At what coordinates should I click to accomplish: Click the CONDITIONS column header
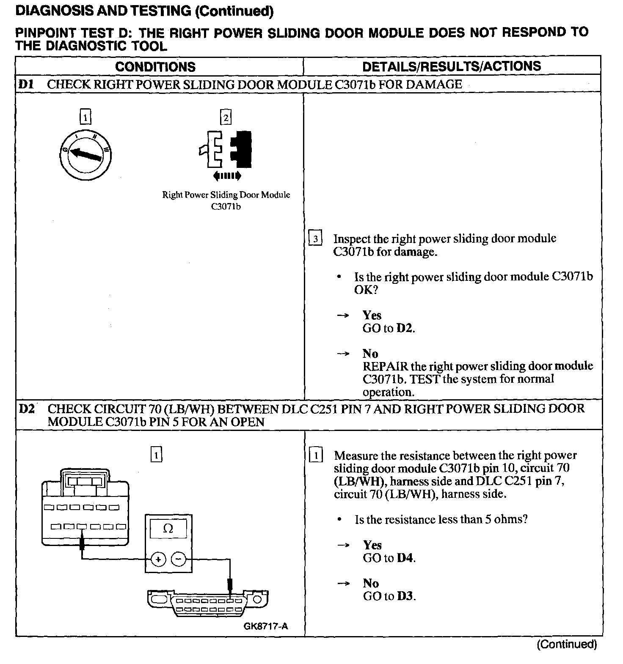click(155, 67)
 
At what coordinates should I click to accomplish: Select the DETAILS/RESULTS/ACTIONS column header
click(452, 66)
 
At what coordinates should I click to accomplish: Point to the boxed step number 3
click(315, 239)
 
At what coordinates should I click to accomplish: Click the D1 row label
click(26, 84)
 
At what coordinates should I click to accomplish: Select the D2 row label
click(26, 409)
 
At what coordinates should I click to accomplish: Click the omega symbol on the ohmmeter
click(168, 528)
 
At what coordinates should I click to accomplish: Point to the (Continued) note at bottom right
click(567, 644)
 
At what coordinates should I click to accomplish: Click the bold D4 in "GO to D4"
click(405, 558)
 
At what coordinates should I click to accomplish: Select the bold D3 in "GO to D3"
click(405, 596)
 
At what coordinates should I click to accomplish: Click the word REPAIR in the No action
click(385, 366)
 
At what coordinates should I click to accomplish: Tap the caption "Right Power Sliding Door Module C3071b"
click(226, 200)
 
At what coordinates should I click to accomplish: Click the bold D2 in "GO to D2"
click(405, 329)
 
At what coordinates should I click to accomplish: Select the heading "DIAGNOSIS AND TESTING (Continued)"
click(144, 11)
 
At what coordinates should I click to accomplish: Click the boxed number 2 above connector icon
click(226, 117)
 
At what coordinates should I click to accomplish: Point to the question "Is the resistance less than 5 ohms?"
click(441, 519)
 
